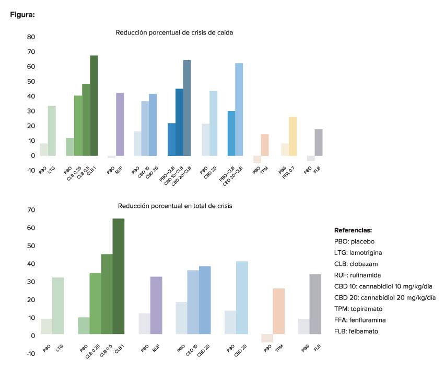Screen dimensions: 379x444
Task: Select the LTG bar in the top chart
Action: coord(52,131)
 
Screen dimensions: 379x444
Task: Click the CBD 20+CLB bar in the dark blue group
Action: coord(187,108)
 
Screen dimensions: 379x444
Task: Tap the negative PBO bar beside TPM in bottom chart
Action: coord(267,338)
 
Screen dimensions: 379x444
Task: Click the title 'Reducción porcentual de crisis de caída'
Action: coord(174,32)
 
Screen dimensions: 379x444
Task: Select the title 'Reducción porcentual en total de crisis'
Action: coord(174,206)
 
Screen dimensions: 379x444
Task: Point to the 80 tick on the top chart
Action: coord(31,37)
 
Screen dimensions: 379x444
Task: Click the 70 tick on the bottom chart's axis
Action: coord(31,210)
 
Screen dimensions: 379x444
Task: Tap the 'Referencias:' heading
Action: coord(353,230)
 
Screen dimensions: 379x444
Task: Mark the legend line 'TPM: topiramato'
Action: coord(363,308)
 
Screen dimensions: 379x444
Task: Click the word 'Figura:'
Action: coord(22,15)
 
